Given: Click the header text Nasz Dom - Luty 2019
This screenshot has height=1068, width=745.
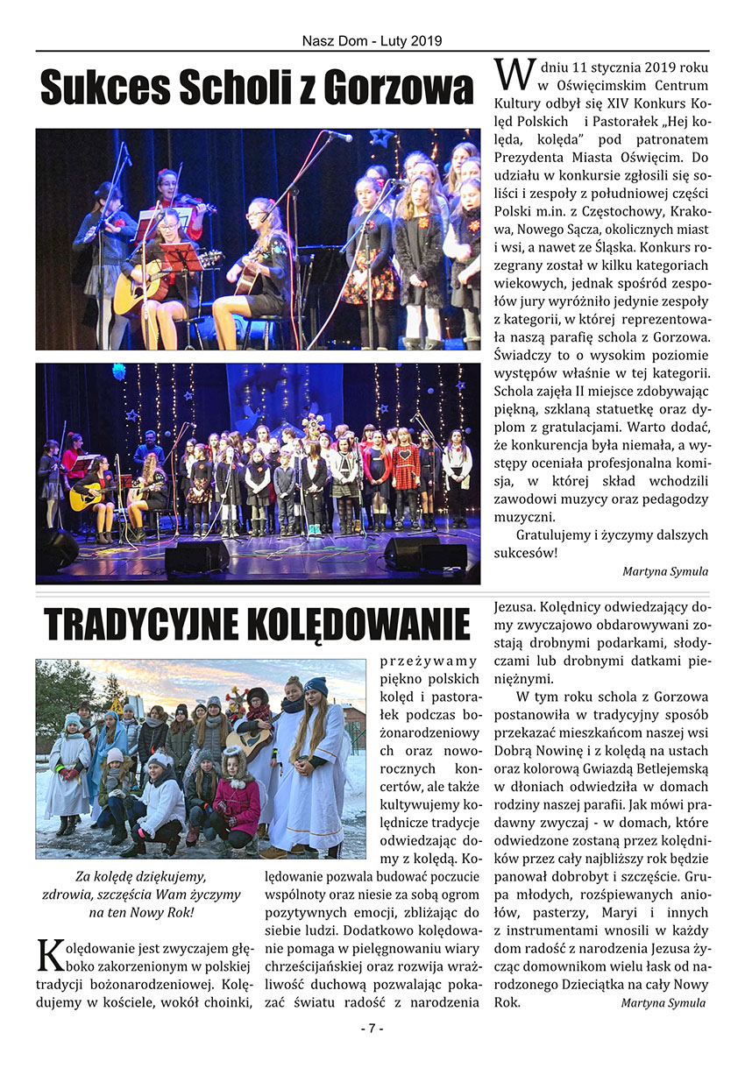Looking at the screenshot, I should (372, 41).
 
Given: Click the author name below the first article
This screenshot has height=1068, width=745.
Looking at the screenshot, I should (665, 571).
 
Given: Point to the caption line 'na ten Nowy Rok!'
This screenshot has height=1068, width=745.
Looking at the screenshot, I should (141, 912).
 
